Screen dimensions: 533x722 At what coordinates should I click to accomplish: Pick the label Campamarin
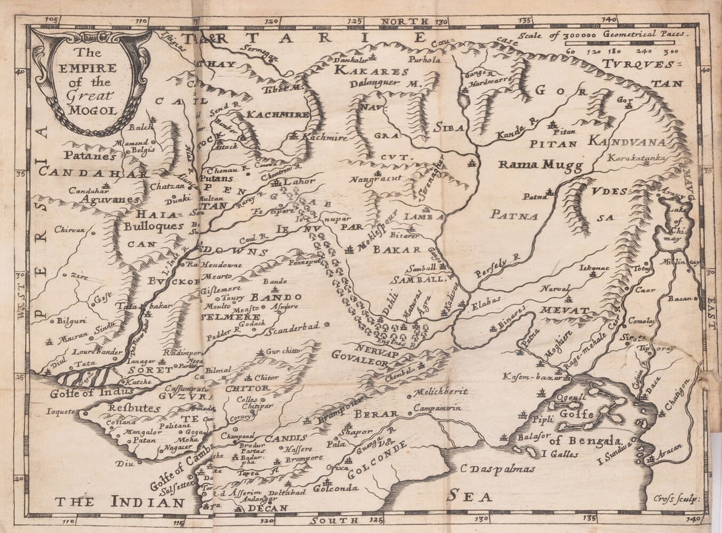point(438,408)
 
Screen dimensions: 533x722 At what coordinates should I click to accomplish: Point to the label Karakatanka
point(637,158)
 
